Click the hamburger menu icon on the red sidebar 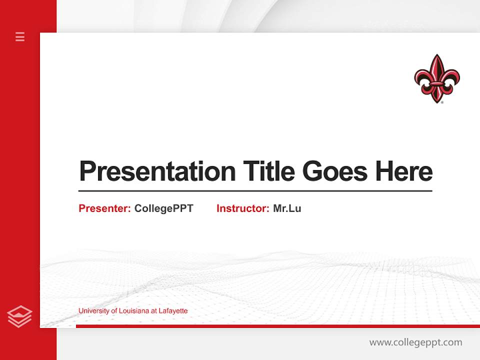[20, 36]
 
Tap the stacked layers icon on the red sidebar [19, 316]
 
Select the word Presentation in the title [157, 171]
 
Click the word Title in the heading [269, 171]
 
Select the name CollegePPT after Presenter [164, 208]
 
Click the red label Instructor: [243, 208]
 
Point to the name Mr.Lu [287, 208]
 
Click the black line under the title [255, 190]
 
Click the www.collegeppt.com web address [415, 342]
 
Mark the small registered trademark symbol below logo [442, 101]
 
